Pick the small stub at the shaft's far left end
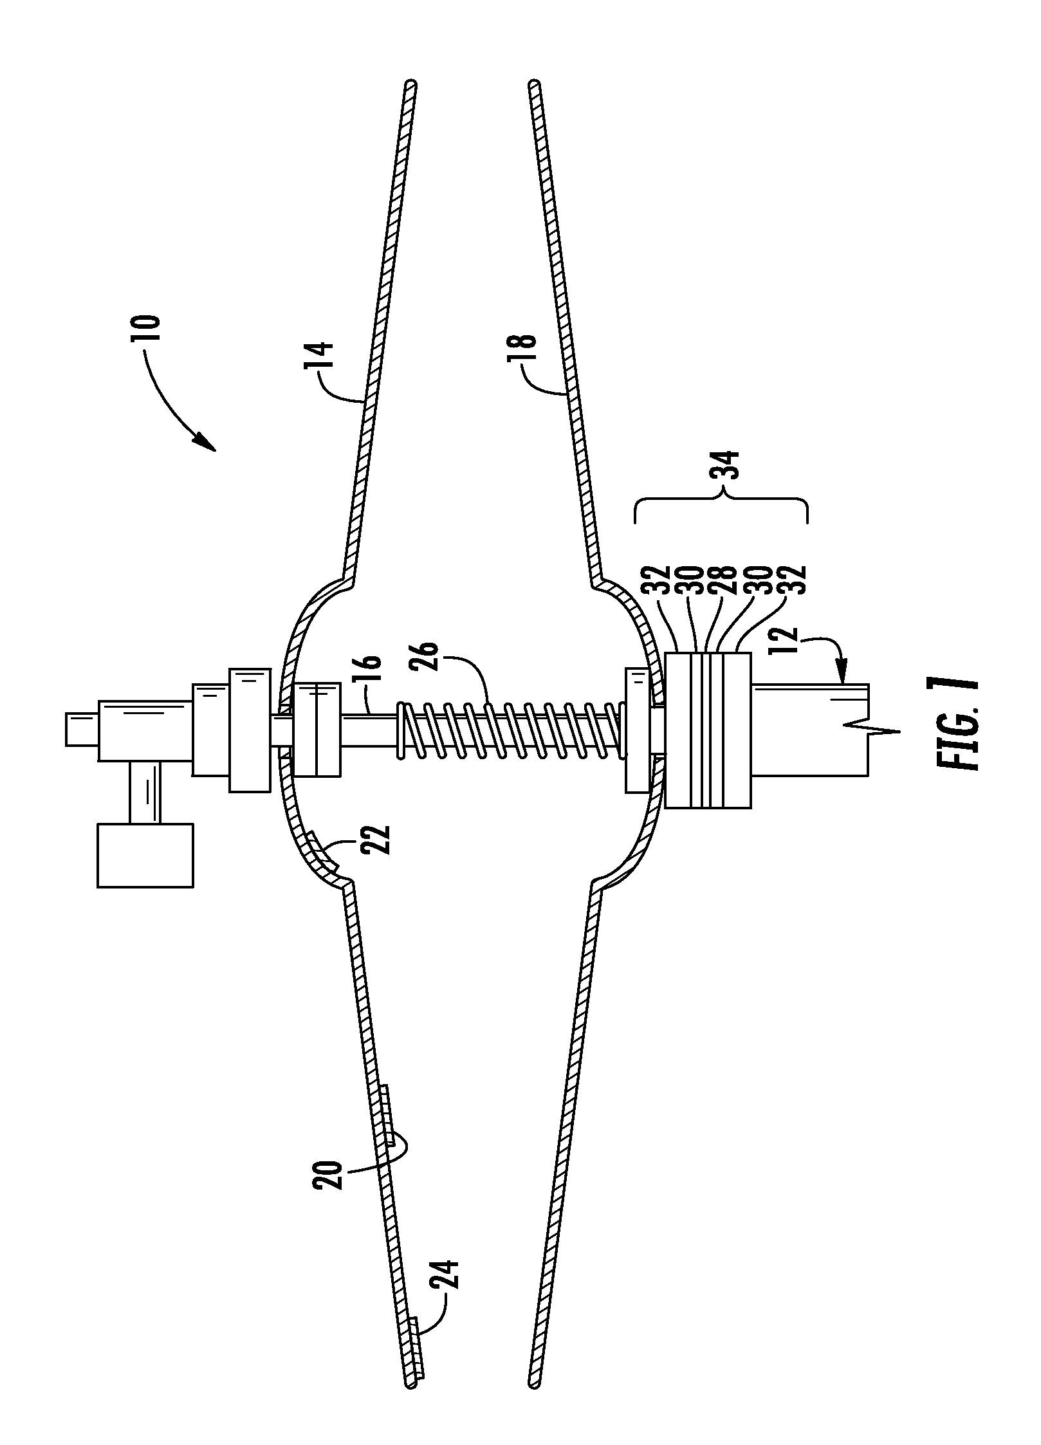(x=82, y=729)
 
